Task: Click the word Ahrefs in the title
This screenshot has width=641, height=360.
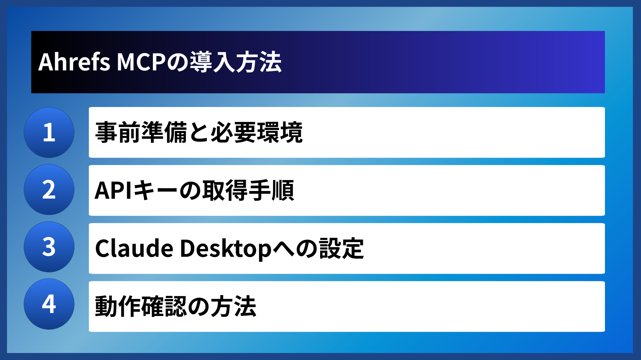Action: click(x=74, y=62)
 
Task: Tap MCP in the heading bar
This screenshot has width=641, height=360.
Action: click(x=141, y=62)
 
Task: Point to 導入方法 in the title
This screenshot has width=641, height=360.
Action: click(x=236, y=62)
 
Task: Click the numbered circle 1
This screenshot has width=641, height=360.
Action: click(x=49, y=133)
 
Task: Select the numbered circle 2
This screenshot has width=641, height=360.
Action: click(x=49, y=190)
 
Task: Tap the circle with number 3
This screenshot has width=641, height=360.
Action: click(x=49, y=247)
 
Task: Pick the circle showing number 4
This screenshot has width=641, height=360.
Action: click(x=49, y=304)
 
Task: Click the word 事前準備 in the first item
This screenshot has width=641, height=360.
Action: click(x=141, y=133)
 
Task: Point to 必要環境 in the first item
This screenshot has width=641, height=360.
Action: click(x=256, y=133)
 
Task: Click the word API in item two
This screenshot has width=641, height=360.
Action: click(x=113, y=190)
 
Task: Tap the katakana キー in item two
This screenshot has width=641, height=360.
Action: click(x=155, y=190)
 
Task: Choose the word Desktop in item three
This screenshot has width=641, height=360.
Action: click(x=226, y=249)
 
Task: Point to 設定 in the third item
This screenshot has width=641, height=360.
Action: click(x=341, y=249)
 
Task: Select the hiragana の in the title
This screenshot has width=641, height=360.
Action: click(x=178, y=62)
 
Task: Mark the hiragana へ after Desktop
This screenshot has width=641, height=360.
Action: click(x=284, y=249)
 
